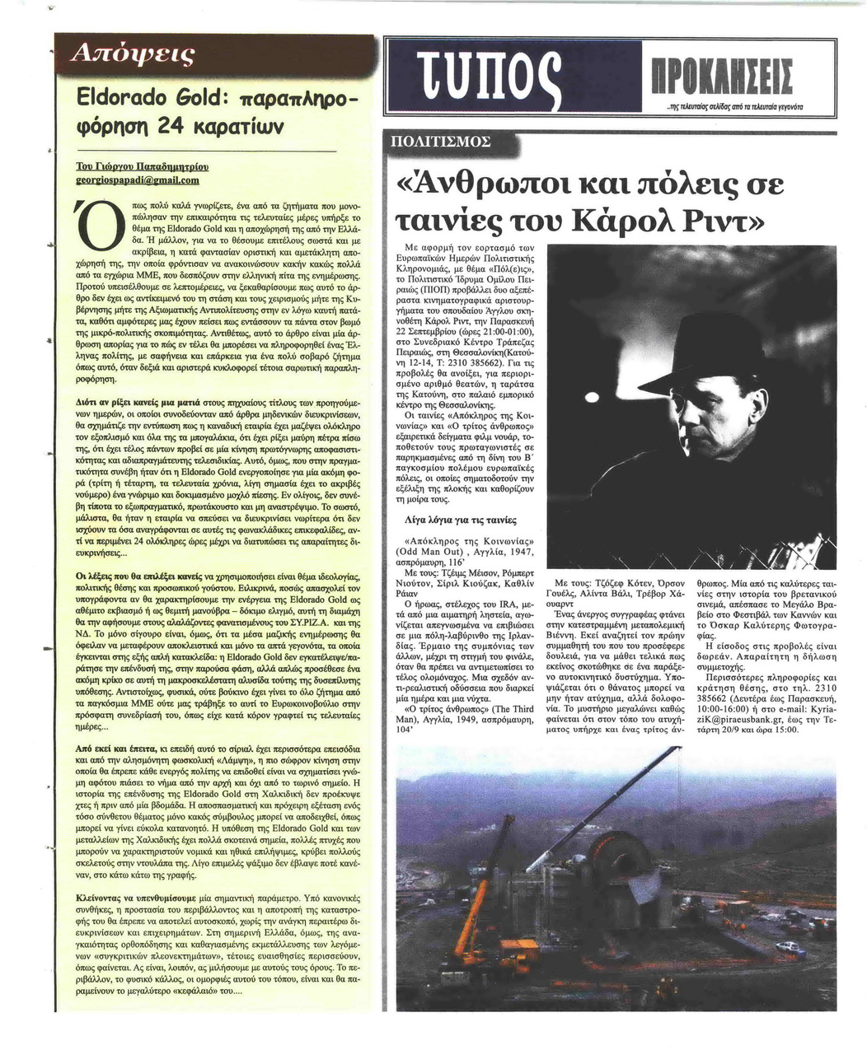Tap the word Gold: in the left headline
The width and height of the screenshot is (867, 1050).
pyautogui.click(x=194, y=94)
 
